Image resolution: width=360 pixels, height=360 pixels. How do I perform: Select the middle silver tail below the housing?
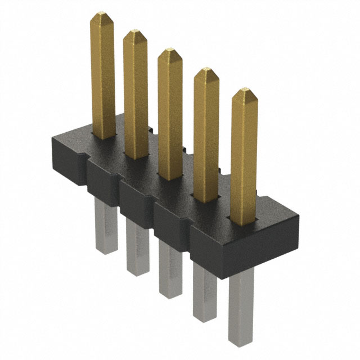tap(170, 270)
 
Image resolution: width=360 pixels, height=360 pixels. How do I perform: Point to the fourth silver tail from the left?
tap(205, 292)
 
